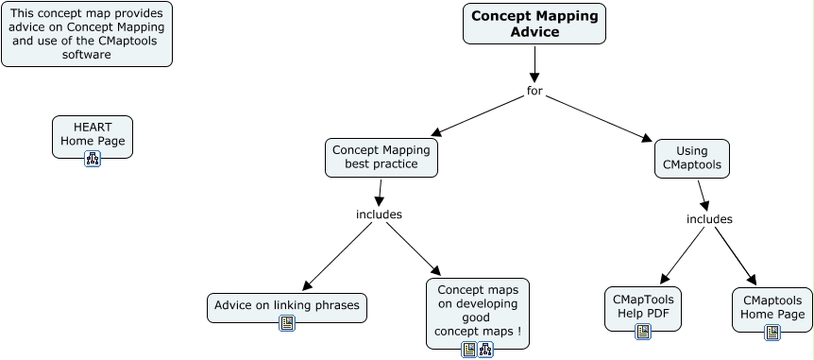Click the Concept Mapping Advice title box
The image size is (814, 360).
[534, 24]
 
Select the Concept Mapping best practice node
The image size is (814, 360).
[382, 157]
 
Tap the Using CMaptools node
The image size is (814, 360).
[691, 157]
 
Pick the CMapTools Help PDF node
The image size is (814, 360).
[642, 304]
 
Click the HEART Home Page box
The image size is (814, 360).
[93, 133]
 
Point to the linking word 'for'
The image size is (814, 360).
[534, 91]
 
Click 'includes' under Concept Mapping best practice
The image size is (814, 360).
[379, 214]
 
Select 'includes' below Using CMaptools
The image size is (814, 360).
[709, 219]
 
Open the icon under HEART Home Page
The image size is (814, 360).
[93, 158]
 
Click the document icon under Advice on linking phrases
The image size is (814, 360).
[287, 323]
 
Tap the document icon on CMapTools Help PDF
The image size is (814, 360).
[643, 332]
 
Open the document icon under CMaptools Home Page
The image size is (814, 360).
[772, 333]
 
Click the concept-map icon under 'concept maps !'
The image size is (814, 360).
[485, 350]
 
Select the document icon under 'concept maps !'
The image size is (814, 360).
[468, 350]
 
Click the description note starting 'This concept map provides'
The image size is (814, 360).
[87, 35]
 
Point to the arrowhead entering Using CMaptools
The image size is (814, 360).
[648, 139]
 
